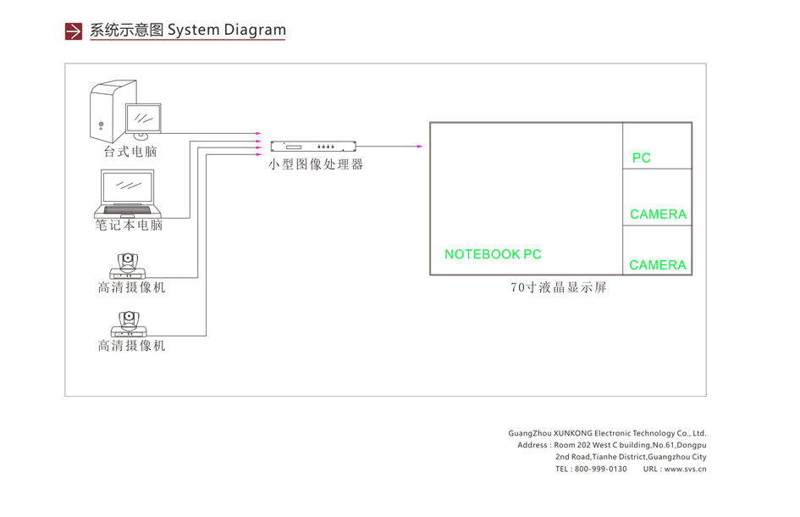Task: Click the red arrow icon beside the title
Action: click(74, 31)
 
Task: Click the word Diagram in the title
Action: click(255, 31)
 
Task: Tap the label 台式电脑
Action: click(130, 153)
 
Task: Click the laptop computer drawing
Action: click(128, 193)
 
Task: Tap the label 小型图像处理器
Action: click(316, 164)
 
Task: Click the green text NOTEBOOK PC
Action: click(493, 254)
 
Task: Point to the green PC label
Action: click(641, 158)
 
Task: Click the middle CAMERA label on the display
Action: click(658, 214)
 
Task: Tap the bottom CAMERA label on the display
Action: click(658, 265)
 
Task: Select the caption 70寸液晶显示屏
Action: click(559, 287)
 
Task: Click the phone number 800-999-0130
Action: click(601, 469)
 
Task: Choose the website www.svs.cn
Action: click(685, 469)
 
